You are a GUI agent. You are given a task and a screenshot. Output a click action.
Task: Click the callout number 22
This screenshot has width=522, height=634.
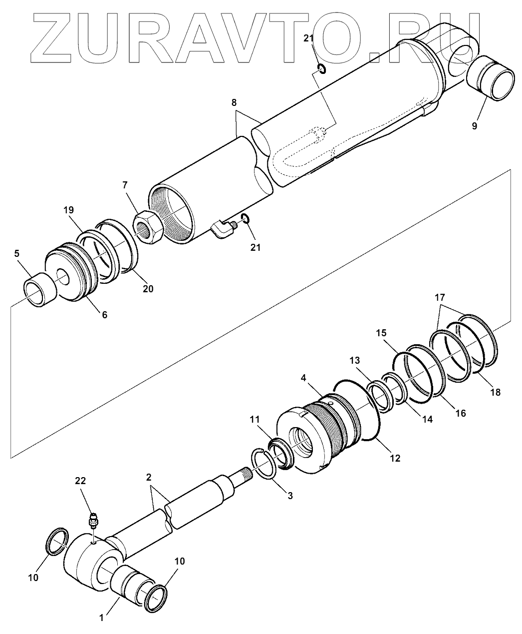click(80, 481)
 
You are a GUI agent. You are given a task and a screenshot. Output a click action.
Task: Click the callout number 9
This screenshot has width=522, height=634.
click(474, 126)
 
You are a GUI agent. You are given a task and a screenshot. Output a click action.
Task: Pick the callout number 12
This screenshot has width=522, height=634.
click(395, 457)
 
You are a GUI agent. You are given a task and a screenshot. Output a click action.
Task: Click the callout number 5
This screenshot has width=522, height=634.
click(17, 254)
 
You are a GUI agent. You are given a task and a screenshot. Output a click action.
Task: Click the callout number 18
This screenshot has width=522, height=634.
click(495, 392)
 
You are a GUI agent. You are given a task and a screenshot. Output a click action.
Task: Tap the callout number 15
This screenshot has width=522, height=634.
click(381, 332)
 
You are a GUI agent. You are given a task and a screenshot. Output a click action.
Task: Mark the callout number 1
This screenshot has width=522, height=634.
click(101, 618)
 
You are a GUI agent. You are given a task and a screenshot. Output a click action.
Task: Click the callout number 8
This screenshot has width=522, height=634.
click(234, 103)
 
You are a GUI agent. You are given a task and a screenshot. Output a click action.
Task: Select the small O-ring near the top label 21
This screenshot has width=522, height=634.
click(321, 68)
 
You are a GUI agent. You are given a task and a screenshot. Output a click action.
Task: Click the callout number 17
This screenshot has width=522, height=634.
click(439, 297)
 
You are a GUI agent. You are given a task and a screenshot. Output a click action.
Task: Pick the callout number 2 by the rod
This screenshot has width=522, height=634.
click(149, 477)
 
